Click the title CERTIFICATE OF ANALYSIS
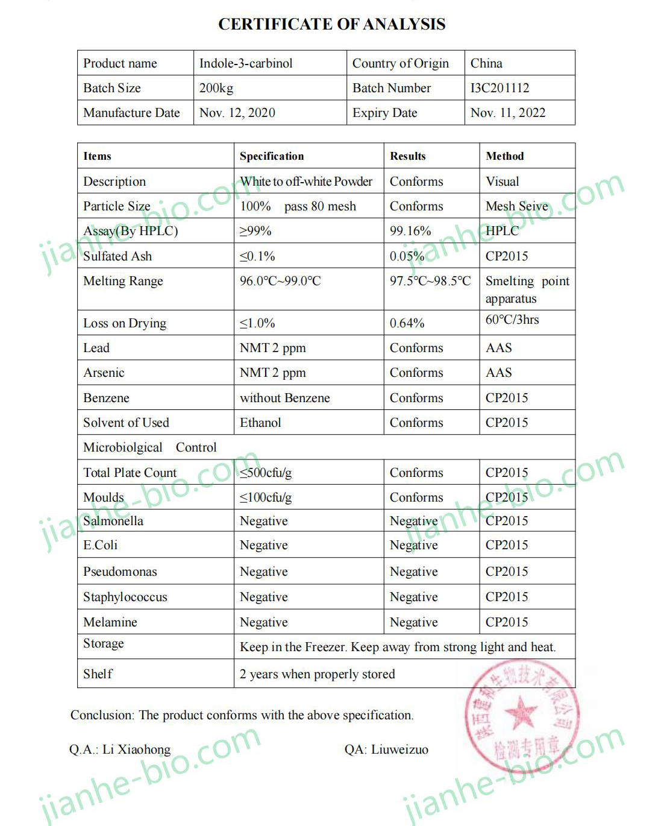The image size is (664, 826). coord(331,24)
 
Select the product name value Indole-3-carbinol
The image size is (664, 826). coord(246,63)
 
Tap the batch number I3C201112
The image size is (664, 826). coord(500,88)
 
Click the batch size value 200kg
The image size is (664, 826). coord(216,88)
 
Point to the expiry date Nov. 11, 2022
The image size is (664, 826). coord(507,113)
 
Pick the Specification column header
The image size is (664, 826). coord(272,156)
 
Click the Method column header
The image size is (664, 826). coord(505,156)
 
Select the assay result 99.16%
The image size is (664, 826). coord(410,231)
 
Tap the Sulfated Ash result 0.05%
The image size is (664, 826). coord(407,256)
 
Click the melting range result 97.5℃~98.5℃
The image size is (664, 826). coord(430,281)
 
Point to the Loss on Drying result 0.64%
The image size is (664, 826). coord(407,323)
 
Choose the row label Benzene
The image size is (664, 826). coord(106,398)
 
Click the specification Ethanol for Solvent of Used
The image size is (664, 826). coord(260,423)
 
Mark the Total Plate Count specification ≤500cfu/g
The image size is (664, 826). coord(266,473)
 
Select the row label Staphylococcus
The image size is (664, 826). coord(125,597)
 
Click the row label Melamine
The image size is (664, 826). coord(110,622)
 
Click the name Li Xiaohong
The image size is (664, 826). coord(136,749)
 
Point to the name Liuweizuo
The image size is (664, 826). coord(399,749)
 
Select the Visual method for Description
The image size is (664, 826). coord(503,181)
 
